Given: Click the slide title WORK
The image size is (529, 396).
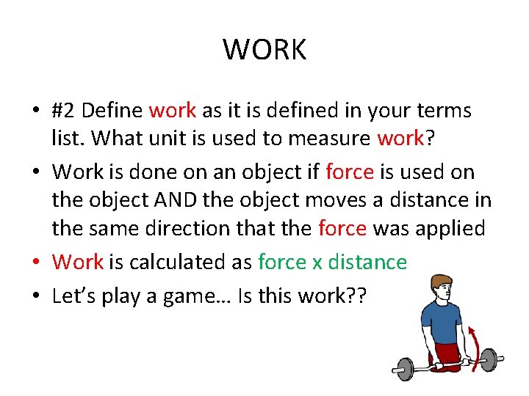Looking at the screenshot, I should [264, 50].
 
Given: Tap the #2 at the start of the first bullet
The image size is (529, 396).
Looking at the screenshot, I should [64, 111].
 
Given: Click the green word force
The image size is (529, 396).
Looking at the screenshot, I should [282, 261].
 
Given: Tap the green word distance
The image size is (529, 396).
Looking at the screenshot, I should [367, 261].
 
